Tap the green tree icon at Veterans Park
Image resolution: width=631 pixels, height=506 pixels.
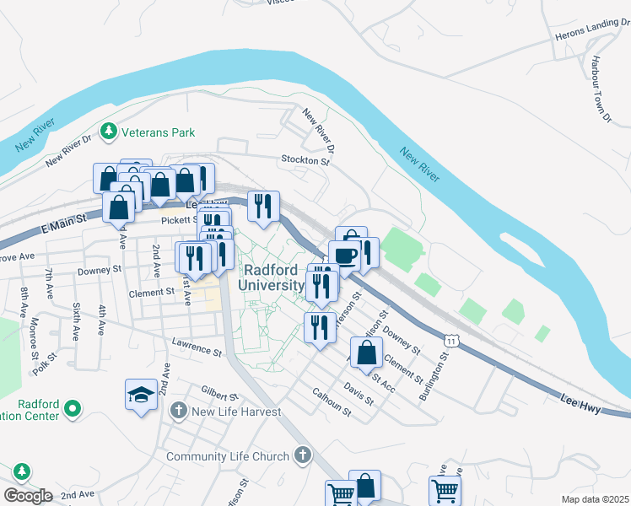(108, 132)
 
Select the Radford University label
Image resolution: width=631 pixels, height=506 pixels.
(271, 277)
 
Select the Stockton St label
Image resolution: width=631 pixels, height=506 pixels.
(305, 159)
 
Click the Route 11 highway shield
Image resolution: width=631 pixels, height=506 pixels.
(453, 339)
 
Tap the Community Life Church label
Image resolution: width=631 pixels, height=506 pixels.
(228, 457)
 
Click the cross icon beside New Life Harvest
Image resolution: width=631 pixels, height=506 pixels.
(178, 412)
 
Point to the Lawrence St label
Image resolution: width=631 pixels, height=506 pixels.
(197, 346)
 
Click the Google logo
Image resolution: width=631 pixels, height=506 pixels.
(28, 495)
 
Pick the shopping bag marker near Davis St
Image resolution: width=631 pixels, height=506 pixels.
(367, 354)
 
